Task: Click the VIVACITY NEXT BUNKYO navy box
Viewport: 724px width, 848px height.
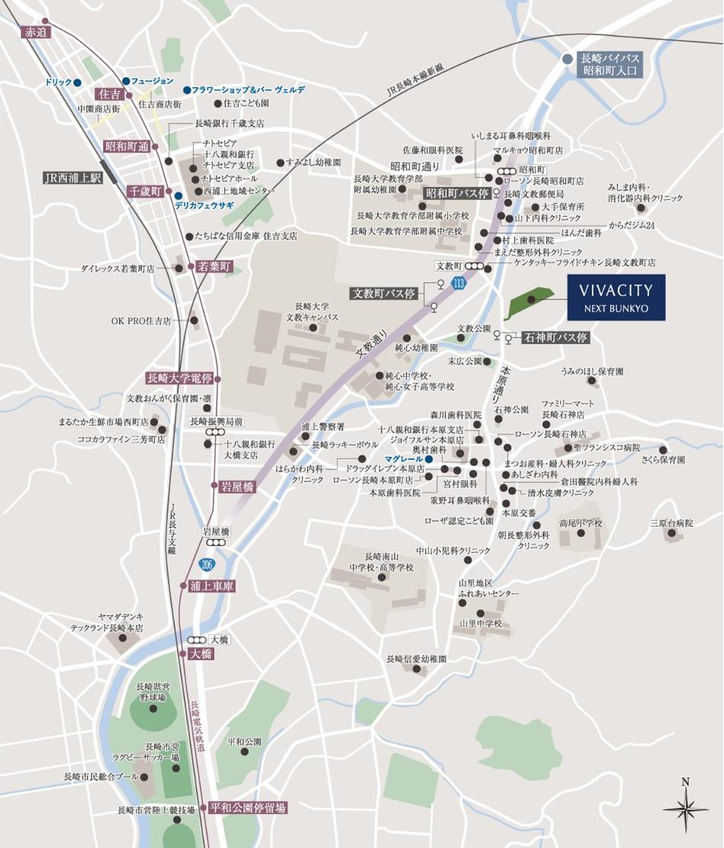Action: pyautogui.click(x=616, y=297)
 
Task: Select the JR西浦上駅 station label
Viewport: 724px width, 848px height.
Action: pyautogui.click(x=73, y=177)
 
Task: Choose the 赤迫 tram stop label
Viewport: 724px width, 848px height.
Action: pyautogui.click(x=36, y=32)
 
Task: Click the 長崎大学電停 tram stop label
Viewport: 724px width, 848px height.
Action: pyautogui.click(x=180, y=378)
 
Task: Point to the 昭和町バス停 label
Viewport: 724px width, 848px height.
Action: pyautogui.click(x=456, y=193)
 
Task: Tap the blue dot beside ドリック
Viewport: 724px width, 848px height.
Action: pyautogui.click(x=78, y=82)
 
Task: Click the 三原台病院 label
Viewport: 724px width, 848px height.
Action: pyautogui.click(x=672, y=523)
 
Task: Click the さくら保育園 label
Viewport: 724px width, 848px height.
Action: pyautogui.click(x=663, y=460)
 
